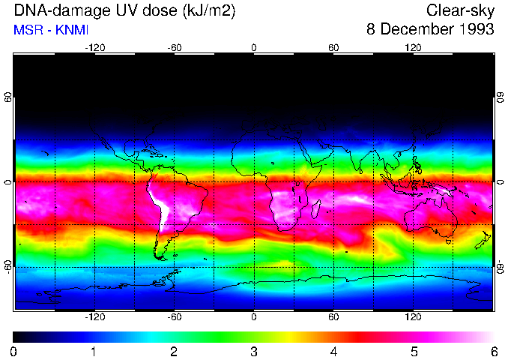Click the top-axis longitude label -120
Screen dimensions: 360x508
[x=94, y=48]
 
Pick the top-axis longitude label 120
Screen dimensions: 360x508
[x=413, y=48]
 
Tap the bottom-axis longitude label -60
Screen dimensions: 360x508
[x=174, y=316]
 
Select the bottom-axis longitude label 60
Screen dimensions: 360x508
[x=333, y=316]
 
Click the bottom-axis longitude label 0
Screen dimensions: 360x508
[x=254, y=316]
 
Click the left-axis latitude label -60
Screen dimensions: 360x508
[x=8, y=266]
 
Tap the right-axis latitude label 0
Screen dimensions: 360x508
[x=500, y=181]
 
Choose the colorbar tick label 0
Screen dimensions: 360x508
[x=14, y=351]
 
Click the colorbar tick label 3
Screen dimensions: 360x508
[x=254, y=351]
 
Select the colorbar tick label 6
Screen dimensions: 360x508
[x=493, y=351]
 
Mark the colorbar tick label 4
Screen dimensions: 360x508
[x=333, y=351]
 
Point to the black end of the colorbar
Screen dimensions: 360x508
[x=18, y=337]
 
